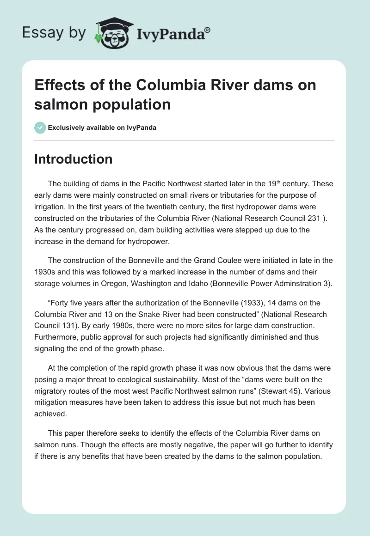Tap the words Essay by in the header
[54, 33]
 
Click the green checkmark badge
[40, 128]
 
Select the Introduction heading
[74, 159]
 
